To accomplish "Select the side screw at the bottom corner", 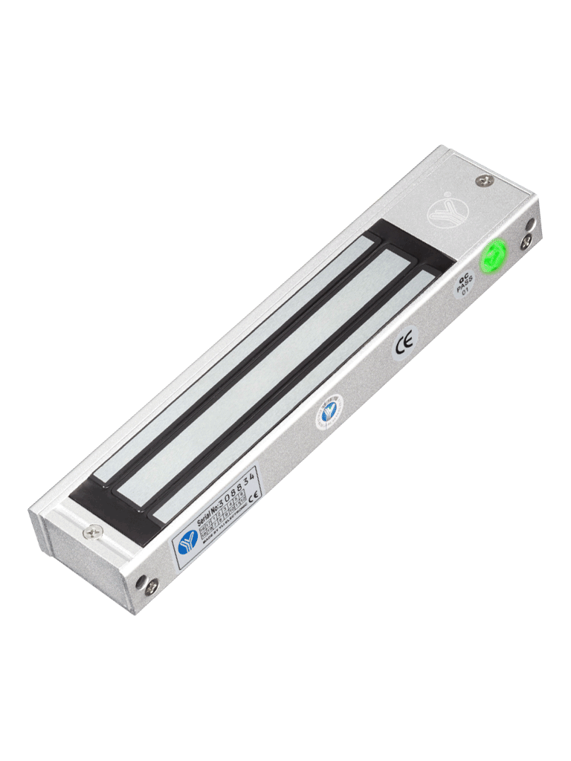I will pos(151,586).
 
